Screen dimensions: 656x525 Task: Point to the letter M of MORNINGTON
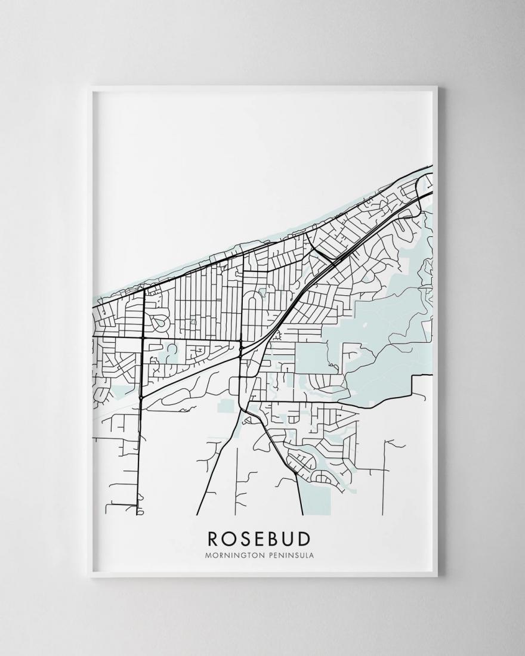(207, 555)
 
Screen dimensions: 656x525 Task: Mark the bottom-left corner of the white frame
(89, 577)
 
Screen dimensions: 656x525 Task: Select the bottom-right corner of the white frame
(437, 577)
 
